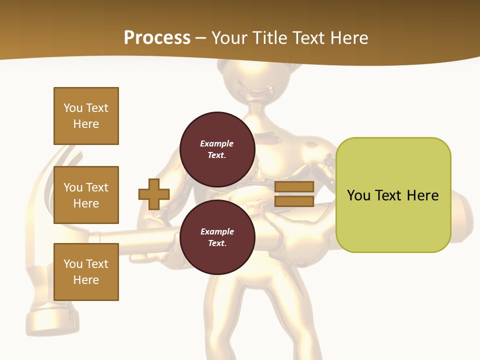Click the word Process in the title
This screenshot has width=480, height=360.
click(157, 38)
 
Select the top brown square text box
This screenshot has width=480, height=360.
click(86, 116)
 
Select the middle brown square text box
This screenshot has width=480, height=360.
click(86, 195)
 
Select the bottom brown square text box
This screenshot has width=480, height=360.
click(86, 272)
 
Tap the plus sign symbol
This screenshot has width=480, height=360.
click(154, 194)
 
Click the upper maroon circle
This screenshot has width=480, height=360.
click(217, 149)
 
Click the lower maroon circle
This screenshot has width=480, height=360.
click(217, 237)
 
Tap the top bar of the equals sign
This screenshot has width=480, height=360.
click(294, 187)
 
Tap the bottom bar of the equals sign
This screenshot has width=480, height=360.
click(294, 201)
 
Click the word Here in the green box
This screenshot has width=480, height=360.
click(422, 195)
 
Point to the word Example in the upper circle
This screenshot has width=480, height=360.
click(216, 143)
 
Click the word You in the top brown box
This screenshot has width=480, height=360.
click(73, 108)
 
